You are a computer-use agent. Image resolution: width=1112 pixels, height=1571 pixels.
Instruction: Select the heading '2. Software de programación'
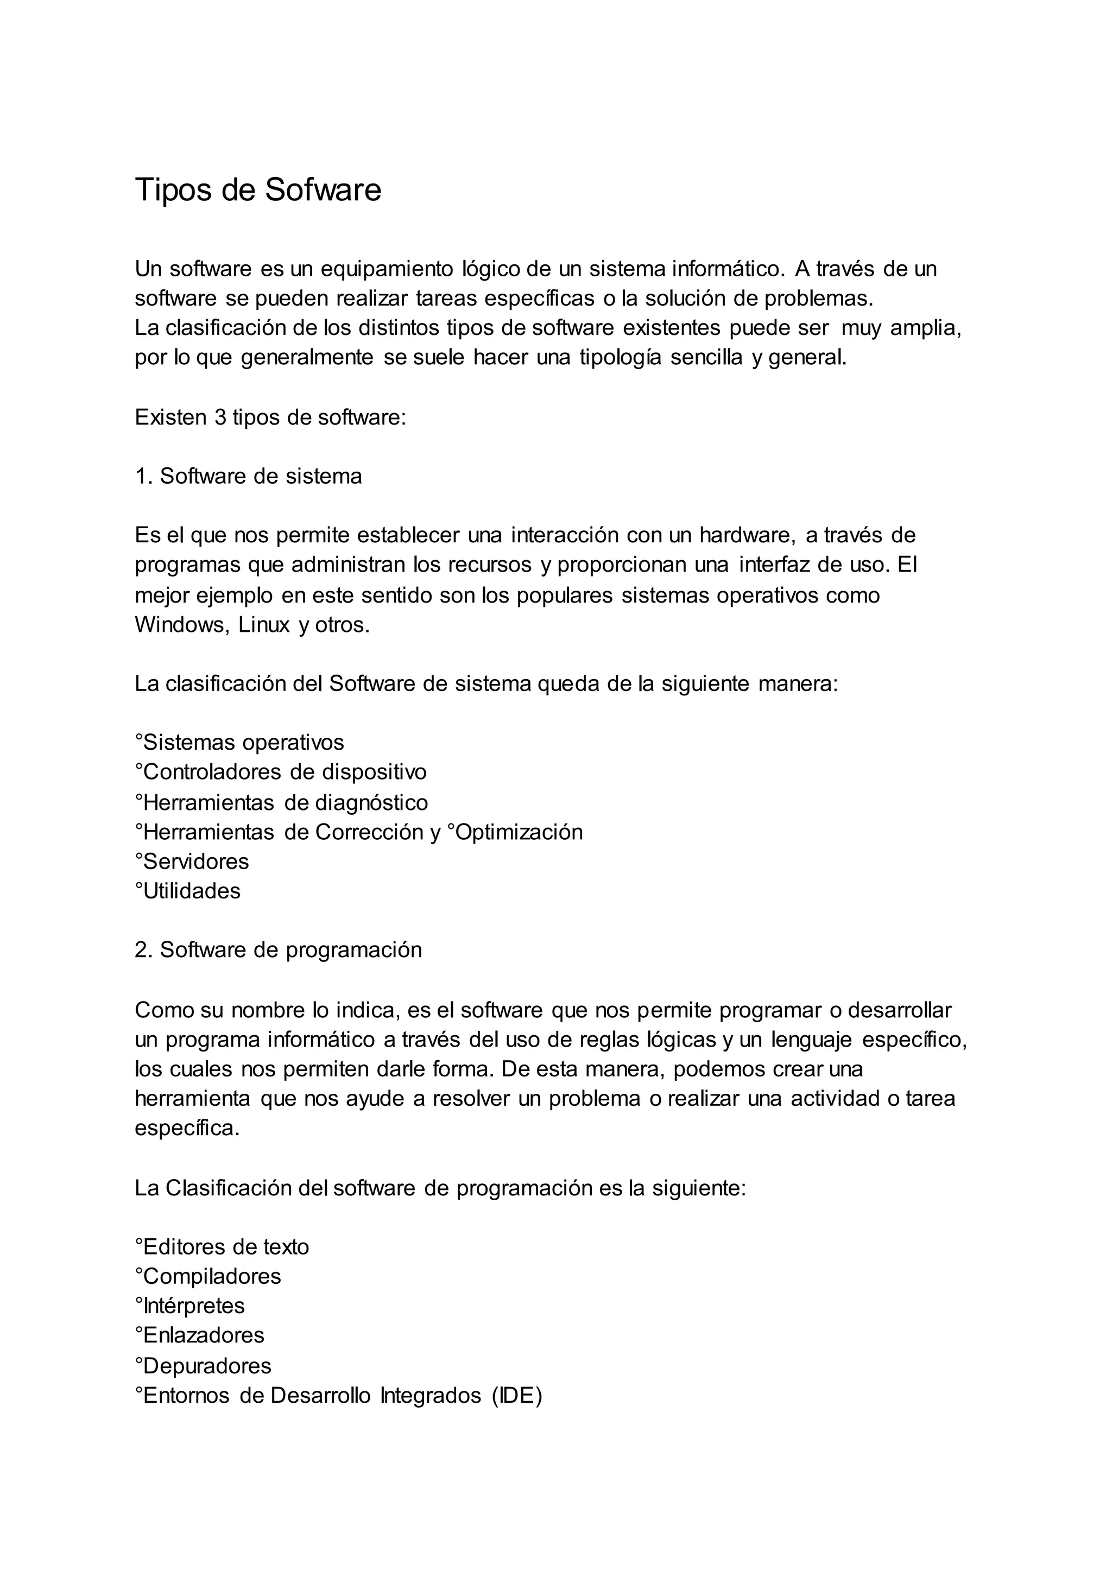click(x=278, y=949)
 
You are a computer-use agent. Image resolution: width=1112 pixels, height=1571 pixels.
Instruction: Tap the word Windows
click(x=181, y=625)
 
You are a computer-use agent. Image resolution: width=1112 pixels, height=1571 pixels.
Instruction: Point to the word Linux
click(x=264, y=625)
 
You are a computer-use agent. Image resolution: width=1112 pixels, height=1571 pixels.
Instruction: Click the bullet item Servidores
click(x=195, y=861)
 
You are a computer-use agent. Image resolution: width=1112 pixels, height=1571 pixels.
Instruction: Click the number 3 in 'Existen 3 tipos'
click(x=220, y=417)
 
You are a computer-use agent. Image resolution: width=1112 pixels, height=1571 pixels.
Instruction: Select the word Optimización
click(x=519, y=832)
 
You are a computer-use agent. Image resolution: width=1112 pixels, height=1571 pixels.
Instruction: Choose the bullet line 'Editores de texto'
click(x=222, y=1246)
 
